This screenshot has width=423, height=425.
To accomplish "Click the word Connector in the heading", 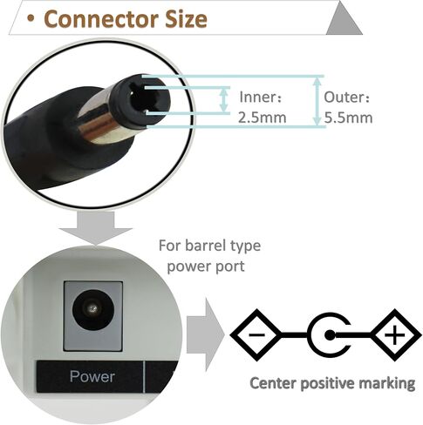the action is pyautogui.click(x=100, y=19).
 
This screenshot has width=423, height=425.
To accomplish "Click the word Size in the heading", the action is pyautogui.click(x=186, y=19).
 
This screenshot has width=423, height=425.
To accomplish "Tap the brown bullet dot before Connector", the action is pyautogui.click(x=31, y=18).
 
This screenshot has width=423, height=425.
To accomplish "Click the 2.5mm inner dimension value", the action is pyautogui.click(x=263, y=118).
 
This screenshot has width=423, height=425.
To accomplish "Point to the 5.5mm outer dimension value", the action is pyautogui.click(x=348, y=118).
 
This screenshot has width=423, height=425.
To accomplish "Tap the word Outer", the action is pyautogui.click(x=346, y=98).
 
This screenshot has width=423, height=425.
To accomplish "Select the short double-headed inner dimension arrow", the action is pyautogui.click(x=223, y=100).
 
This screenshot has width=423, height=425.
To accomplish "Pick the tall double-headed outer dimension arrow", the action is pyautogui.click(x=317, y=101).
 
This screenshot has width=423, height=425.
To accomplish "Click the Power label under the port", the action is pyautogui.click(x=92, y=376).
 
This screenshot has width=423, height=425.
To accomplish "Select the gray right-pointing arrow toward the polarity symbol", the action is pyautogui.click(x=206, y=335).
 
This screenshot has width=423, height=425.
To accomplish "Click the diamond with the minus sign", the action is pyautogui.click(x=256, y=335).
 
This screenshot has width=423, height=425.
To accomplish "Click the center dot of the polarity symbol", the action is pyautogui.click(x=330, y=335).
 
